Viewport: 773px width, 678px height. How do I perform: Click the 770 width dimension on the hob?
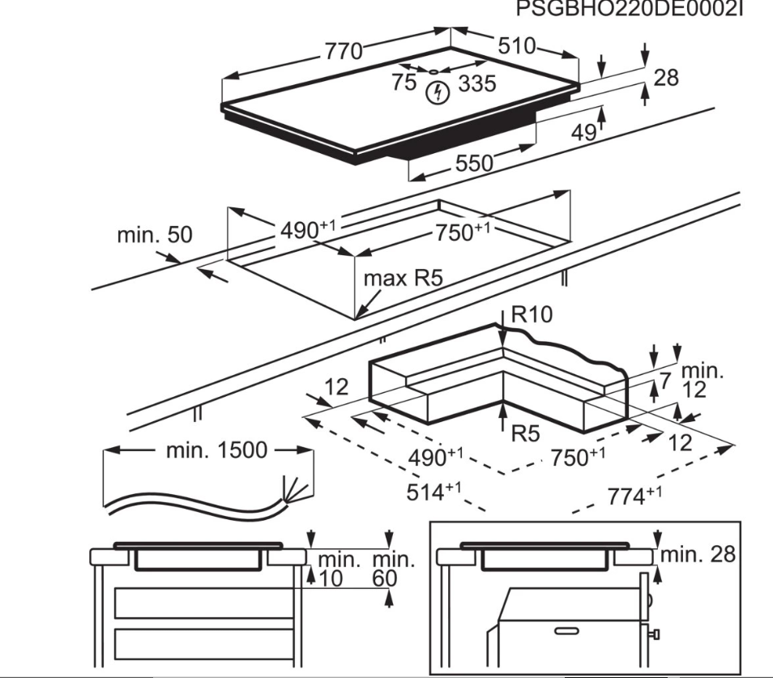344,52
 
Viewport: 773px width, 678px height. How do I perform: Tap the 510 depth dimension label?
517,46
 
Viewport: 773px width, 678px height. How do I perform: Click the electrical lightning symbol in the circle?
438,92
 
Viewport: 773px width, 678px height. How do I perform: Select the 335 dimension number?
477,83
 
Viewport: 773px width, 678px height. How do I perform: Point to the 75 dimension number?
405,83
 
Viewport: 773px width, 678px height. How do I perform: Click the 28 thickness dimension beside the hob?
666,78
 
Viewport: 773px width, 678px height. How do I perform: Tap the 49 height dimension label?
584,132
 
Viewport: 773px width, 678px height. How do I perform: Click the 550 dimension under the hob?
474,163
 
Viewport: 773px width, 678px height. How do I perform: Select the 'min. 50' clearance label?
154,235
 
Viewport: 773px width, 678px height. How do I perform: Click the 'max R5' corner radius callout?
404,279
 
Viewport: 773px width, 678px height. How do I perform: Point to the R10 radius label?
532,314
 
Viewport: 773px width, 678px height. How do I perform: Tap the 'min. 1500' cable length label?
216,450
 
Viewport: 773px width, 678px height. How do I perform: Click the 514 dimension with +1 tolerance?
433,492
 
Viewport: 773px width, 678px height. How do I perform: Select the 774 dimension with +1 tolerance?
634,496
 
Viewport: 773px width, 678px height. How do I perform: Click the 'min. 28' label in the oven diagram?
698,555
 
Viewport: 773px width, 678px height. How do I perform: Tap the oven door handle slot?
566,631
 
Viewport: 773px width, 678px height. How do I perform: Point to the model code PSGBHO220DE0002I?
629,9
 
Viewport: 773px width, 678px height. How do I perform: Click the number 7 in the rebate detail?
665,381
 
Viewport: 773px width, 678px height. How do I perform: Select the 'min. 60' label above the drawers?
393,569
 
